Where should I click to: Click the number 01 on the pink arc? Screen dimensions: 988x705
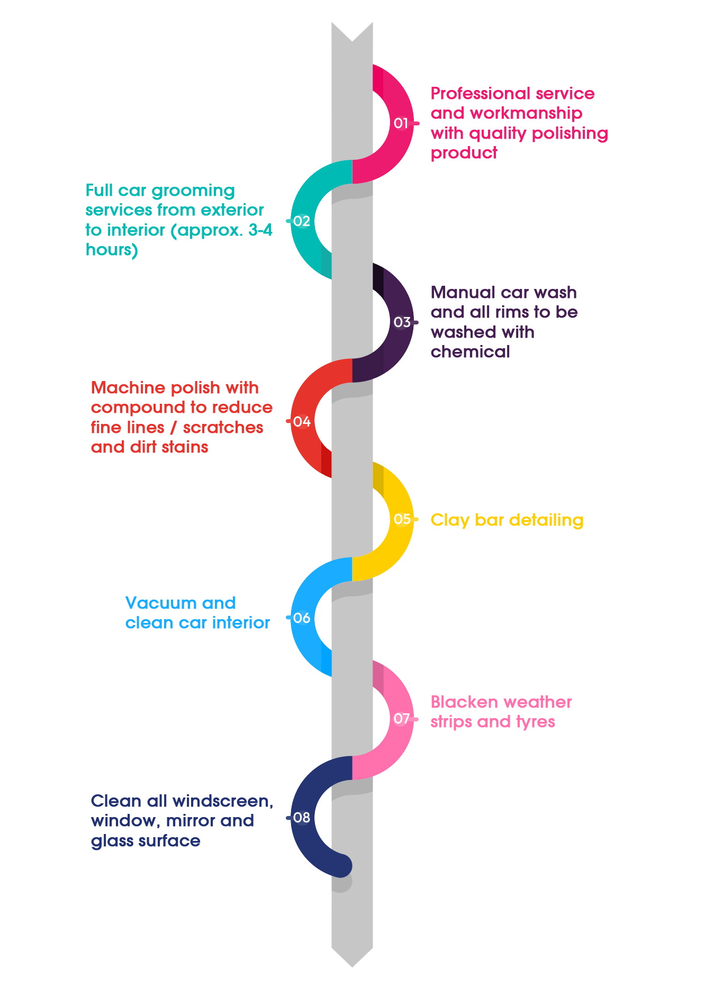pyautogui.click(x=401, y=123)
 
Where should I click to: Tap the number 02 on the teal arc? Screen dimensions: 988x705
pyautogui.click(x=301, y=221)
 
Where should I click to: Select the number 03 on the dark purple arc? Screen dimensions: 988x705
pyautogui.click(x=402, y=322)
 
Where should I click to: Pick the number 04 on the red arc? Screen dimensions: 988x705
pyautogui.click(x=302, y=421)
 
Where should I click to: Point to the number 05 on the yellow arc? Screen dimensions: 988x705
pyautogui.click(x=402, y=519)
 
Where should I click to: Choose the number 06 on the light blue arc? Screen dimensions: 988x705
pyautogui.click(x=301, y=618)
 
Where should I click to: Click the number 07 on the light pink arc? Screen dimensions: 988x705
pyautogui.click(x=402, y=718)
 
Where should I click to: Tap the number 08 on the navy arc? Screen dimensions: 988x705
pyautogui.click(x=301, y=818)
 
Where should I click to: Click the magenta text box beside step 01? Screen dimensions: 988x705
pyautogui.click(x=507, y=124)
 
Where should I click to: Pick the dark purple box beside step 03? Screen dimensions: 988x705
pyautogui.click(x=504, y=322)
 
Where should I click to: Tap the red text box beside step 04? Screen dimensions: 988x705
pyautogui.click(x=182, y=417)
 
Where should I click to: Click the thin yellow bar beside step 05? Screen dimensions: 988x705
pyautogui.click(x=507, y=521)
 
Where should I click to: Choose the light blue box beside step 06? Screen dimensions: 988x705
pyautogui.click(x=197, y=612)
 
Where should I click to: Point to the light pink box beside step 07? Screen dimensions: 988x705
pyautogui.click(x=501, y=713)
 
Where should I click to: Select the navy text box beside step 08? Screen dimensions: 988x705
pyautogui.click(x=181, y=820)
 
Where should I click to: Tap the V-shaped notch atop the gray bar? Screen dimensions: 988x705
pyautogui.click(x=352, y=37)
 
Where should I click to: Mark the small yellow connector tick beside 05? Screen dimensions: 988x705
pyautogui.click(x=417, y=520)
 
